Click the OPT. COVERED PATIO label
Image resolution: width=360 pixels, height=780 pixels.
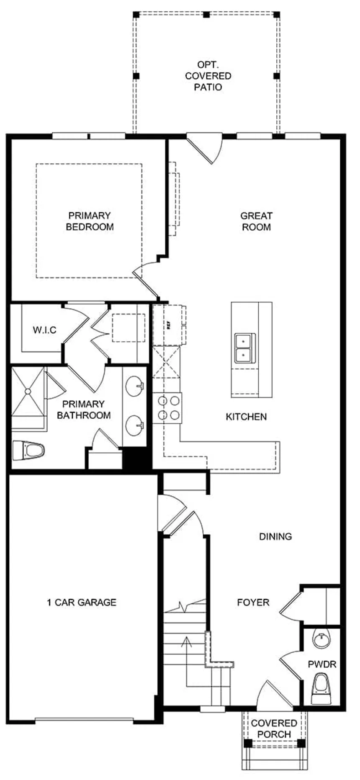tap(208, 76)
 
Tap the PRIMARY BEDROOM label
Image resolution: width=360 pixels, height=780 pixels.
tap(90, 221)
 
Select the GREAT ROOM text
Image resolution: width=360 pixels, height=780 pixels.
tap(256, 221)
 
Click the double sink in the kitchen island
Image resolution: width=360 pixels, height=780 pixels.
tap(244, 348)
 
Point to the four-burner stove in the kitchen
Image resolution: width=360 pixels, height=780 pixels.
tap(167, 408)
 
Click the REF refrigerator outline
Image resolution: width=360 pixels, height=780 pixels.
tap(168, 325)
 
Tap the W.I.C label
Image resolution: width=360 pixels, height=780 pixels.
tap(44, 330)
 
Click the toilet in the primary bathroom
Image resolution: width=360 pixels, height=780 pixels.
tap(29, 450)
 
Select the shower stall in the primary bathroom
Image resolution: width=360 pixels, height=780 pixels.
tap(28, 391)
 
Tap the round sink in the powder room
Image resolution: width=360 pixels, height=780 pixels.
tap(321, 639)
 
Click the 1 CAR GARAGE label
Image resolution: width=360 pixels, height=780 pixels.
tap(82, 602)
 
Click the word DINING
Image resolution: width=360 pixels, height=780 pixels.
tap(275, 536)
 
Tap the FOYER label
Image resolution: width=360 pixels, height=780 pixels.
tap(253, 602)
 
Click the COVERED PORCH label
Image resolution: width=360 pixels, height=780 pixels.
tap(274, 729)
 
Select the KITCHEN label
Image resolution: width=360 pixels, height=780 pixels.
tap(246, 417)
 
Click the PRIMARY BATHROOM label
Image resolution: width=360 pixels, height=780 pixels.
tap(84, 409)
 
